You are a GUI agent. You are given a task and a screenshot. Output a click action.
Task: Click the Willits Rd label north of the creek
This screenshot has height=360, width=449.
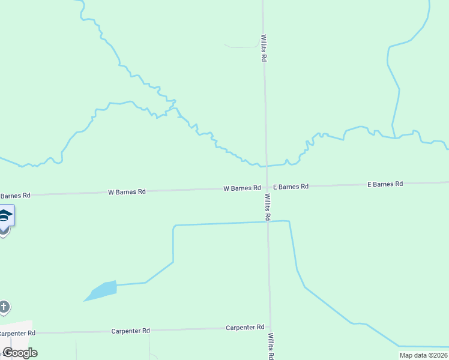(x=264, y=48)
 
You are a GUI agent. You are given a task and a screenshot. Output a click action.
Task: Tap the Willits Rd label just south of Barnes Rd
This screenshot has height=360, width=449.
(x=268, y=207)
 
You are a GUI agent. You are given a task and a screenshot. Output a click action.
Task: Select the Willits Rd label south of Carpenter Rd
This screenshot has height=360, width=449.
(x=271, y=346)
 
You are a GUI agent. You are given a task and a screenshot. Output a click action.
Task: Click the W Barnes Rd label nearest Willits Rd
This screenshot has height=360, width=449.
(x=242, y=188)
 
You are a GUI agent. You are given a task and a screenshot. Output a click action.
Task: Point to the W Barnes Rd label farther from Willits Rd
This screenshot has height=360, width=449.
(x=127, y=192)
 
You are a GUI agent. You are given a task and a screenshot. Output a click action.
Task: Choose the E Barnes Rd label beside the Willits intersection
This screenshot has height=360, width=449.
(x=291, y=187)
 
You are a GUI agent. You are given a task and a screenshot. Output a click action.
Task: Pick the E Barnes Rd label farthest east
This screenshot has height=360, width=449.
(x=385, y=184)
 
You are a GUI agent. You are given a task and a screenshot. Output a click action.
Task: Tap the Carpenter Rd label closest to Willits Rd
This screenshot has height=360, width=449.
(x=245, y=328)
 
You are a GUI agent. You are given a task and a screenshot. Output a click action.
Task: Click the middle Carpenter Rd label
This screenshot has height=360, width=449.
(x=130, y=331)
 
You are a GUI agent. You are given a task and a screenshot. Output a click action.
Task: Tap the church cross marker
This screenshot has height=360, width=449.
(x=4, y=308)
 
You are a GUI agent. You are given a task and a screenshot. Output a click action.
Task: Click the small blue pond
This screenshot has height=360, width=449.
(x=101, y=290)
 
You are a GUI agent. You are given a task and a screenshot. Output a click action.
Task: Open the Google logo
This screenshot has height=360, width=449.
(x=20, y=353)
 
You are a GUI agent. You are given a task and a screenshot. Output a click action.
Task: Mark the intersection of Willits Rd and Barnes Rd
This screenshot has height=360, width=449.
(x=267, y=187)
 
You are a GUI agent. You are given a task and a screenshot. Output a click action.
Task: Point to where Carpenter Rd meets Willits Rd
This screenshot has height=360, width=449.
(x=270, y=328)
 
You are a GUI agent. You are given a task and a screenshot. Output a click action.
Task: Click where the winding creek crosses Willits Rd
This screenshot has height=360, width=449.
(x=267, y=165)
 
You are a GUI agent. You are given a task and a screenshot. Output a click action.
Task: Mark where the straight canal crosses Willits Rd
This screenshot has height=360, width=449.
(x=268, y=221)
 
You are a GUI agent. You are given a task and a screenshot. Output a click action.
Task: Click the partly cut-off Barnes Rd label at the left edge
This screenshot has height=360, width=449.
(x=14, y=196)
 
